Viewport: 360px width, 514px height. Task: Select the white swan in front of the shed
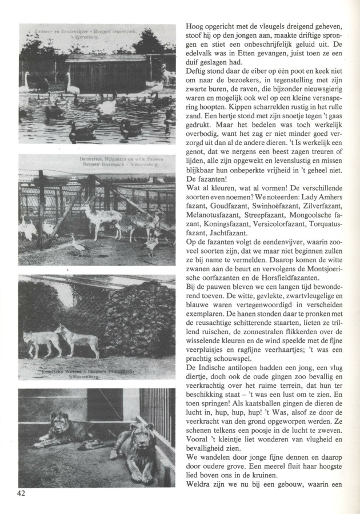coord(72,85)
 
